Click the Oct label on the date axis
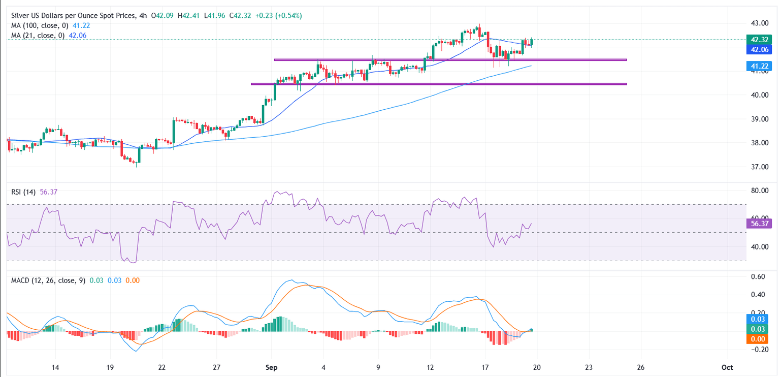728,367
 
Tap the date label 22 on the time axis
162,367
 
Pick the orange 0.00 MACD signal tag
758,339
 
